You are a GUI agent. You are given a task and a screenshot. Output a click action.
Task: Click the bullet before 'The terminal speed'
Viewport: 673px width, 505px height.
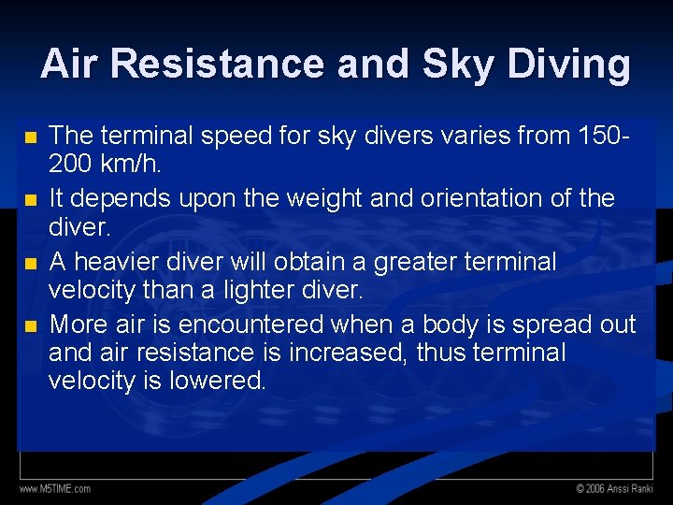click(x=31, y=137)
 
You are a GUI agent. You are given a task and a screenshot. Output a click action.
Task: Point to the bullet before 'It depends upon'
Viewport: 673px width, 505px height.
click(x=31, y=199)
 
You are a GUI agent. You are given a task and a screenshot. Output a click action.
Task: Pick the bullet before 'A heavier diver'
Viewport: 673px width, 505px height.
click(x=31, y=263)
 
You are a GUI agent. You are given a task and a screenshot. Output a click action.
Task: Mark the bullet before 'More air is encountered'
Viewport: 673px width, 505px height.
click(x=31, y=325)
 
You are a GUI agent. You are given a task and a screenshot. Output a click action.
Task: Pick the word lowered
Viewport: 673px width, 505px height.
click(x=218, y=380)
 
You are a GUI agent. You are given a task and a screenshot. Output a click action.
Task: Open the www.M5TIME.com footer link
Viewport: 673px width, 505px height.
click(x=55, y=489)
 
